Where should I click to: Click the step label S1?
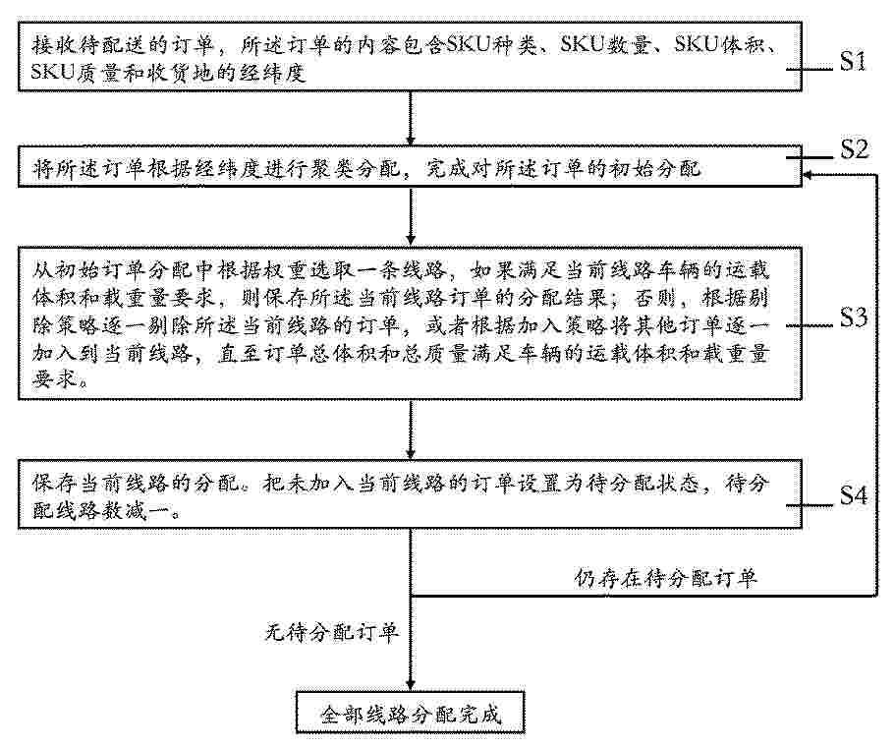pos(853,62)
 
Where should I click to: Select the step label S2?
pos(855,149)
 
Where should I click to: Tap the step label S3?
pos(854,317)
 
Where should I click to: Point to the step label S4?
pos(854,496)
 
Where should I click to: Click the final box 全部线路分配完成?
pos(410,713)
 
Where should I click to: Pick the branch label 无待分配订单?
pos(332,633)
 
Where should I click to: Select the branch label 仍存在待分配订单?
pos(665,578)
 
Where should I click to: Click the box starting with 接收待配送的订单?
pos(410,57)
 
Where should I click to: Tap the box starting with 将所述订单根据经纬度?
pos(410,167)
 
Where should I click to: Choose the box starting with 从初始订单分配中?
pos(410,323)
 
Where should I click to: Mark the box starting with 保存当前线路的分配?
pos(410,493)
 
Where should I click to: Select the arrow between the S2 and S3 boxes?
pos(410,216)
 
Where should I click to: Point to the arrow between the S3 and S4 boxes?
pos(410,430)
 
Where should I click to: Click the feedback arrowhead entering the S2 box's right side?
pos(808,175)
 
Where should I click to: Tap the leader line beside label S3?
pos(811,326)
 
